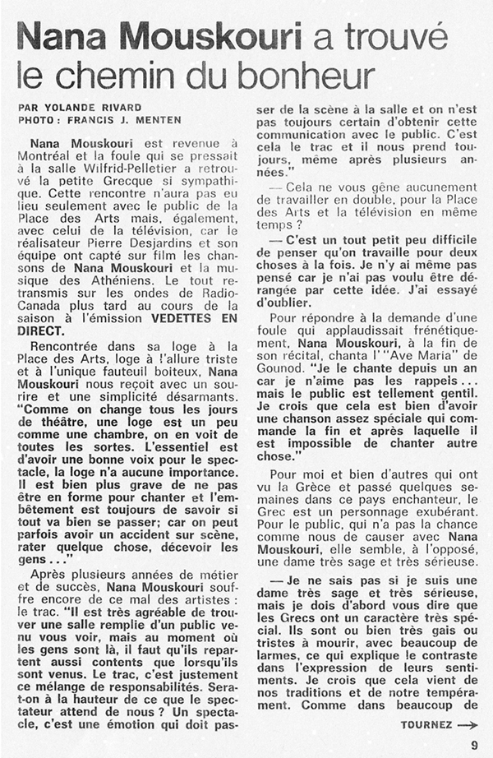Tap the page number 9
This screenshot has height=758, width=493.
click(475, 744)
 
